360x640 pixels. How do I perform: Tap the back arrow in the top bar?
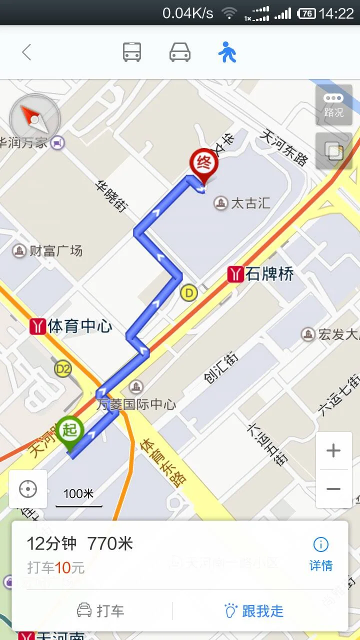coord(26,52)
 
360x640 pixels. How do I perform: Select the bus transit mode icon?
coord(132,52)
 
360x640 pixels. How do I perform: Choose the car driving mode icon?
coord(180,52)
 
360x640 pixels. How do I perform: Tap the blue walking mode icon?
coord(227,52)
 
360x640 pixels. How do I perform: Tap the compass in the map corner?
coord(34,119)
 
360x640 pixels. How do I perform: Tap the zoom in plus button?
coord(333,451)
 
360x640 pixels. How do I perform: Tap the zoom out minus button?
coord(333,489)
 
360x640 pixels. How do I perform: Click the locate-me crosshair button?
coord(28,489)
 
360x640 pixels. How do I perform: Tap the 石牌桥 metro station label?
coord(261,274)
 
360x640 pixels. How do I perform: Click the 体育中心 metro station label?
coord(71,326)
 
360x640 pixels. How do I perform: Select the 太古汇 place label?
coord(243,203)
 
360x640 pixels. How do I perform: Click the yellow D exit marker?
coord(188,292)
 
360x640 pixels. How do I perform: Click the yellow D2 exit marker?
coord(63,369)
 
